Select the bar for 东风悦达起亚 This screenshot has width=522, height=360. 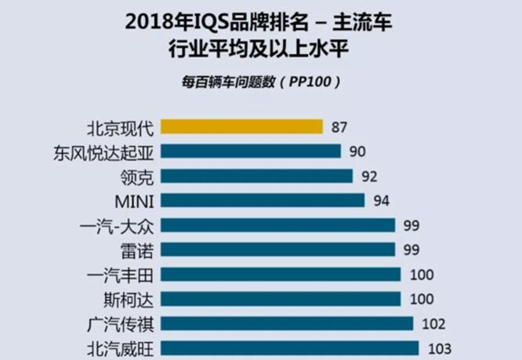pyautogui.click(x=251, y=151)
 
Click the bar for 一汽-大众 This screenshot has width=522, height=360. pyautogui.click(x=277, y=225)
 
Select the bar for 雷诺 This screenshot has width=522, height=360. pyautogui.click(x=277, y=249)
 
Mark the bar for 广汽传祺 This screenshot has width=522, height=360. pyautogui.click(x=287, y=323)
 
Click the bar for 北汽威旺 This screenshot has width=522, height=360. pyautogui.click(x=290, y=347)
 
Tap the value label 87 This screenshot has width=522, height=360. pyautogui.click(x=339, y=127)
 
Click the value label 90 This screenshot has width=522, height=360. pyautogui.click(x=358, y=151)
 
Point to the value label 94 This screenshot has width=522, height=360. pyautogui.click(x=382, y=201)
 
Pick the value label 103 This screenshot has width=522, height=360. pyautogui.click(x=440, y=348)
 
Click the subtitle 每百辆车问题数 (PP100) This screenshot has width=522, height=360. pyautogui.click(x=260, y=81)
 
